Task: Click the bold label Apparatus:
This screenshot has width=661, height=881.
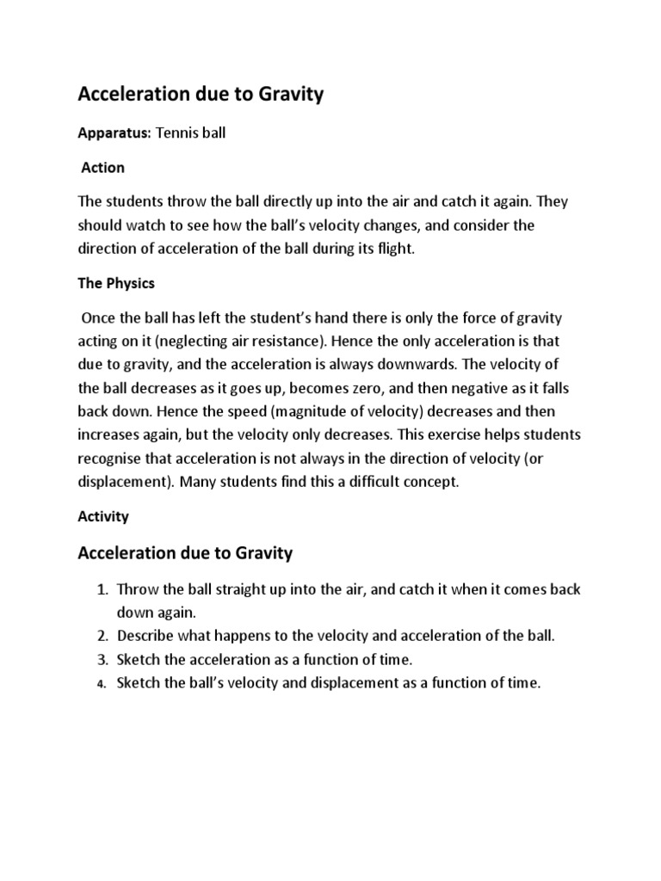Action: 114,133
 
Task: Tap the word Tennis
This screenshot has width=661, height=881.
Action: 176,133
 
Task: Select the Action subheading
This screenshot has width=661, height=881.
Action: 102,167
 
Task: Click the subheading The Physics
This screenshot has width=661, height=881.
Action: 116,282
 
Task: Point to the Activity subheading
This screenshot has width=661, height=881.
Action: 103,516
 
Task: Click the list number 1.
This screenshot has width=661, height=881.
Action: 100,590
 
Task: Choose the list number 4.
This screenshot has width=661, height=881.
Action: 100,685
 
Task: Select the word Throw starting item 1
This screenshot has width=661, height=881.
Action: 135,590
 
